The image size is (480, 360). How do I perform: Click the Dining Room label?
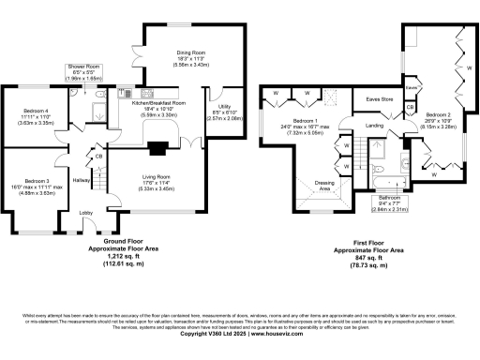pyautogui.click(x=191, y=54)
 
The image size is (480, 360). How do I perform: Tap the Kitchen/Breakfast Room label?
pyautogui.click(x=158, y=102)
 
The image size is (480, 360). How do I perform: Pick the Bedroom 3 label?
pyautogui.click(x=37, y=179)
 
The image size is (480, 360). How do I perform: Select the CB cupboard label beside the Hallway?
pyautogui.click(x=98, y=156)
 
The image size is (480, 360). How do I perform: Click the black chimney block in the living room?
pyautogui.click(x=156, y=145)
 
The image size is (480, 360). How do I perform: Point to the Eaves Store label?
pyautogui.click(x=379, y=97)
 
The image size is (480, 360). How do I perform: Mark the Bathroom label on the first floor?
pyautogui.click(x=389, y=198)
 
